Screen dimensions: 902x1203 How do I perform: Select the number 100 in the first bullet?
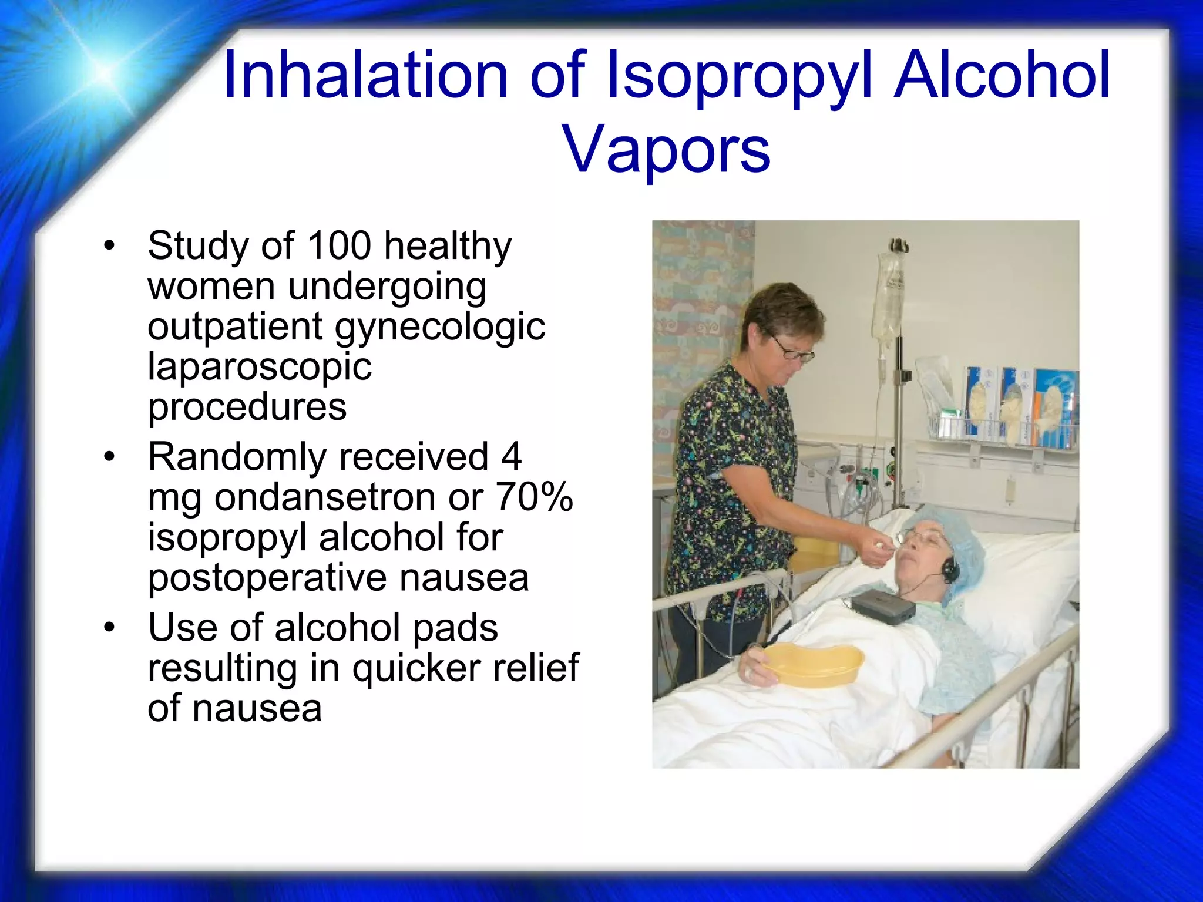(339, 245)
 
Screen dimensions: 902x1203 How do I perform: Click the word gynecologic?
(440, 327)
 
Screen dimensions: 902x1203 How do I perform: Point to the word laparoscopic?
(260, 367)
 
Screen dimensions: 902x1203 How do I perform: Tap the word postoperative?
(267, 578)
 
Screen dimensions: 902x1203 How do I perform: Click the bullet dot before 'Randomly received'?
(109, 457)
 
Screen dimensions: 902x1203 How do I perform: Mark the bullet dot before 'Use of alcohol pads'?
(109, 628)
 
